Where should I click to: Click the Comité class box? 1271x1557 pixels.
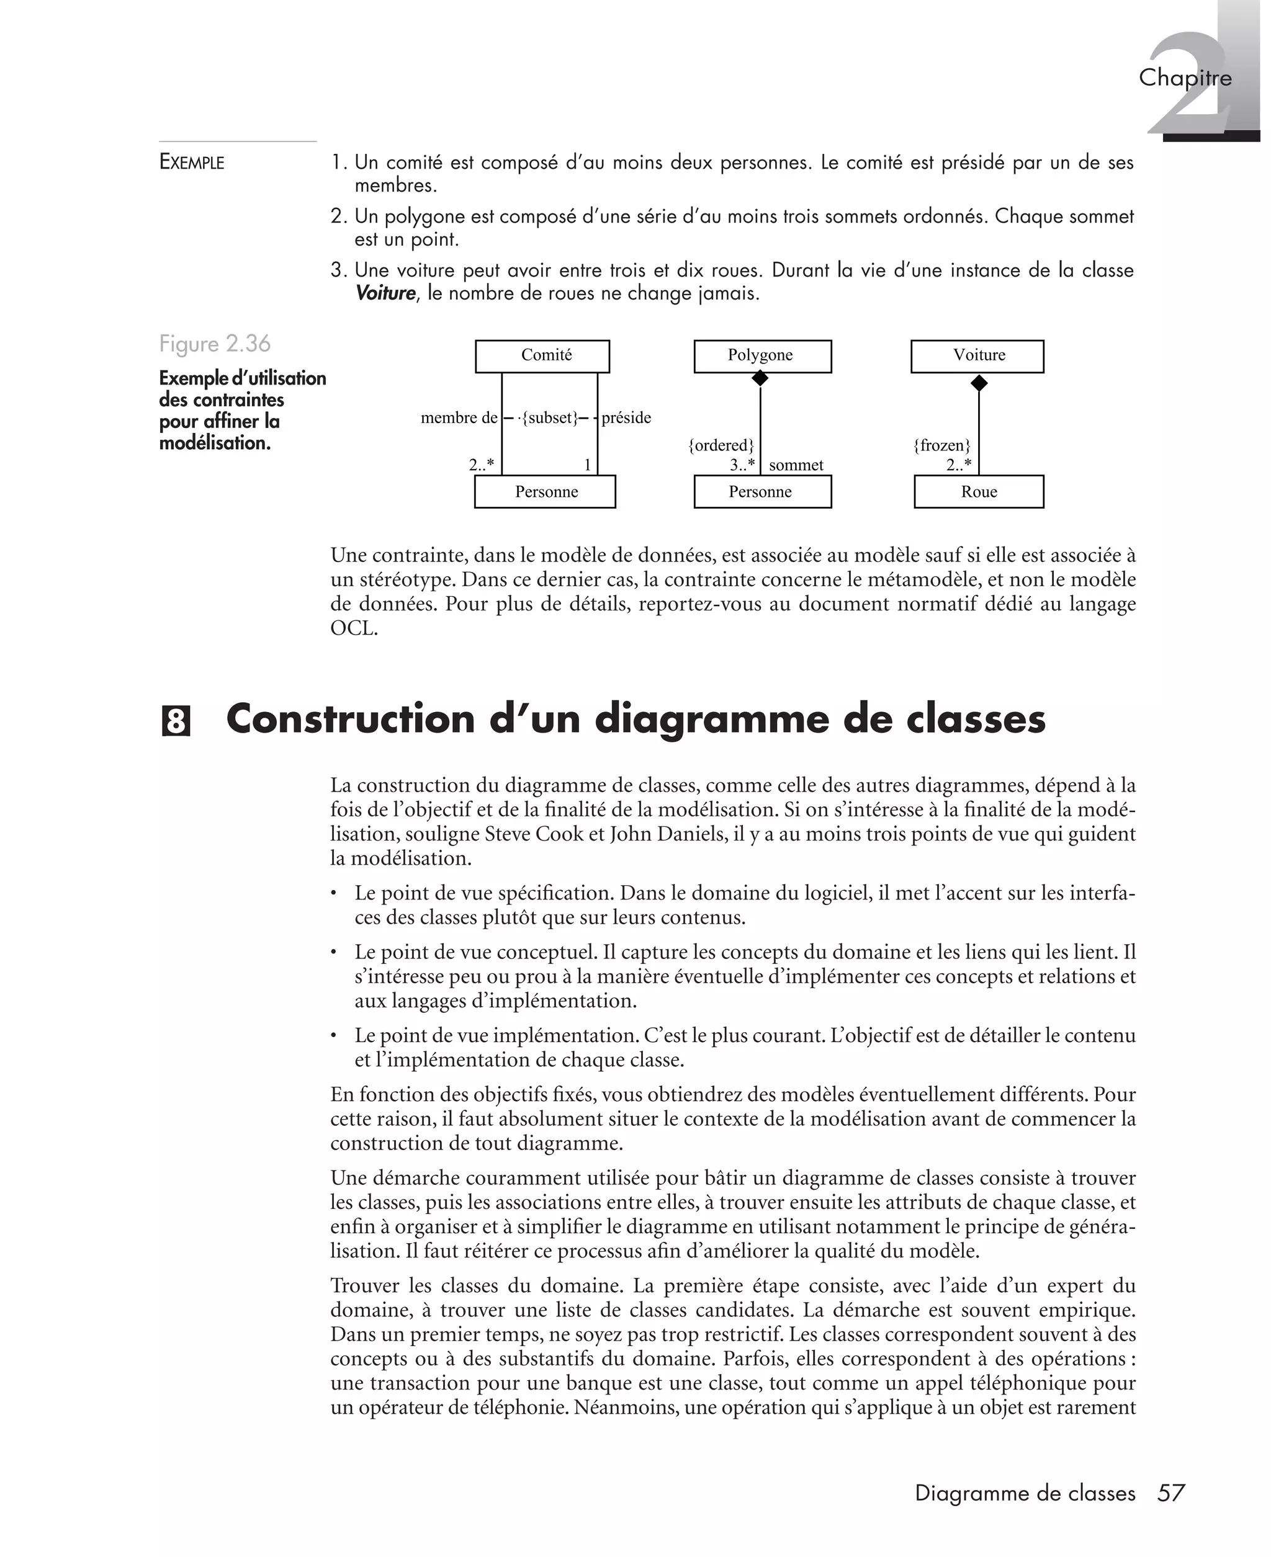[542, 356]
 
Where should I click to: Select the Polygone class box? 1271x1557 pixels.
[762, 356]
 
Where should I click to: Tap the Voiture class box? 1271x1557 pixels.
[977, 356]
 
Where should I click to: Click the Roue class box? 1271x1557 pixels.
[978, 492]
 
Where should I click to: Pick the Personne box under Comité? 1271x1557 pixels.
[545, 492]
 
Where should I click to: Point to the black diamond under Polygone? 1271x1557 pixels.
[760, 378]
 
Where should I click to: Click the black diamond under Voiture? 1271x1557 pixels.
[978, 383]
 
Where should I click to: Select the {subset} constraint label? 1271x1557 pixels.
[549, 418]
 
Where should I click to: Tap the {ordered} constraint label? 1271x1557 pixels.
[721, 445]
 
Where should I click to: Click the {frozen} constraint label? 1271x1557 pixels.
[941, 445]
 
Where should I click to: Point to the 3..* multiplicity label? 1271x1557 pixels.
[742, 465]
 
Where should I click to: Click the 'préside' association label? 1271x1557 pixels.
[626, 418]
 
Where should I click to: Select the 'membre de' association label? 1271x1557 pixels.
[459, 418]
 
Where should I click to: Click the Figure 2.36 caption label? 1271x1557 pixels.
[215, 343]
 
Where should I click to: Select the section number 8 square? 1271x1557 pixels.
[175, 721]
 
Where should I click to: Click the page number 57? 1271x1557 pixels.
[1170, 1492]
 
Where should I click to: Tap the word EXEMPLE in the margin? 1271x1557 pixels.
[192, 162]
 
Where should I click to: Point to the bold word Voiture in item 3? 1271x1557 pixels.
[385, 293]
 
